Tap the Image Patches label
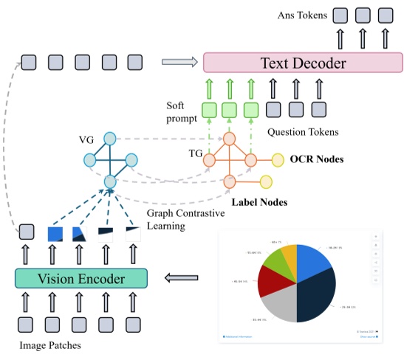pos(44,345)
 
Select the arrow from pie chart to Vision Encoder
pos(177,278)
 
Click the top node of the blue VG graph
pos(110,138)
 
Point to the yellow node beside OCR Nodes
pos(278,159)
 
